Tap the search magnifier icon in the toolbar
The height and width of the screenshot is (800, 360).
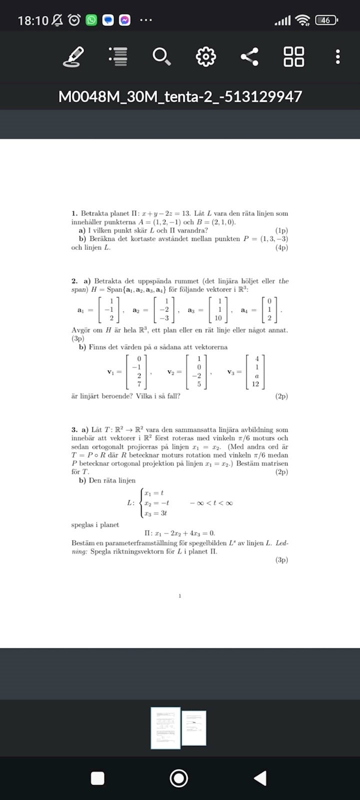161,56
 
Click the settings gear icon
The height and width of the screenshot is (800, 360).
205,56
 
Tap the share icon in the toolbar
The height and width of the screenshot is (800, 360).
249,56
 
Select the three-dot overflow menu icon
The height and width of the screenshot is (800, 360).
338,56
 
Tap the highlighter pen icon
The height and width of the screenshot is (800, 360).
73,56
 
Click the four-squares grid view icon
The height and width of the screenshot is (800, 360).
293,56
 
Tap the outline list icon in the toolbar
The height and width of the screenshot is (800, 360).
118,56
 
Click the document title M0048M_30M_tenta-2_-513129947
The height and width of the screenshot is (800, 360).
180,96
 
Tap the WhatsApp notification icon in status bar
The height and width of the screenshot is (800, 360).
91,20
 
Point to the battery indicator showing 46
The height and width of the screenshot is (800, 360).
326,20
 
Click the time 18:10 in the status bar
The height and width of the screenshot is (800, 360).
33,20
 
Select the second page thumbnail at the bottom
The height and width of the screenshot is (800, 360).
194,728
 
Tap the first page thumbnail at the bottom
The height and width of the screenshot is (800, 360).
165,728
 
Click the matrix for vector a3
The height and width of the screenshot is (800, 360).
218,309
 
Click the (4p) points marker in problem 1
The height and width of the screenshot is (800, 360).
281,247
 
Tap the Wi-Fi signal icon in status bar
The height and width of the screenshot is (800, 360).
302,20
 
